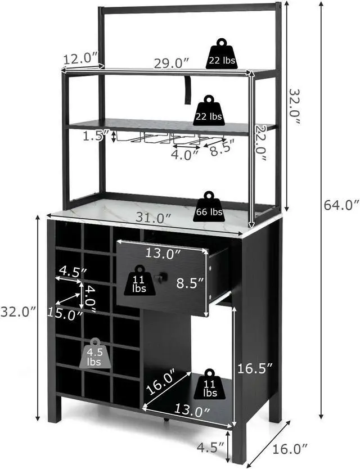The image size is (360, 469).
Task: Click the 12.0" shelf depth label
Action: [80, 58]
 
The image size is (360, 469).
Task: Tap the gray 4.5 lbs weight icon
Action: [94, 354]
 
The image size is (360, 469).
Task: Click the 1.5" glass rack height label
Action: [94, 136]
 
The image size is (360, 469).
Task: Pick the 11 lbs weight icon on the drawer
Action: [139, 281]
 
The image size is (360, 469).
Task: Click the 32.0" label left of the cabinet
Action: [18, 310]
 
